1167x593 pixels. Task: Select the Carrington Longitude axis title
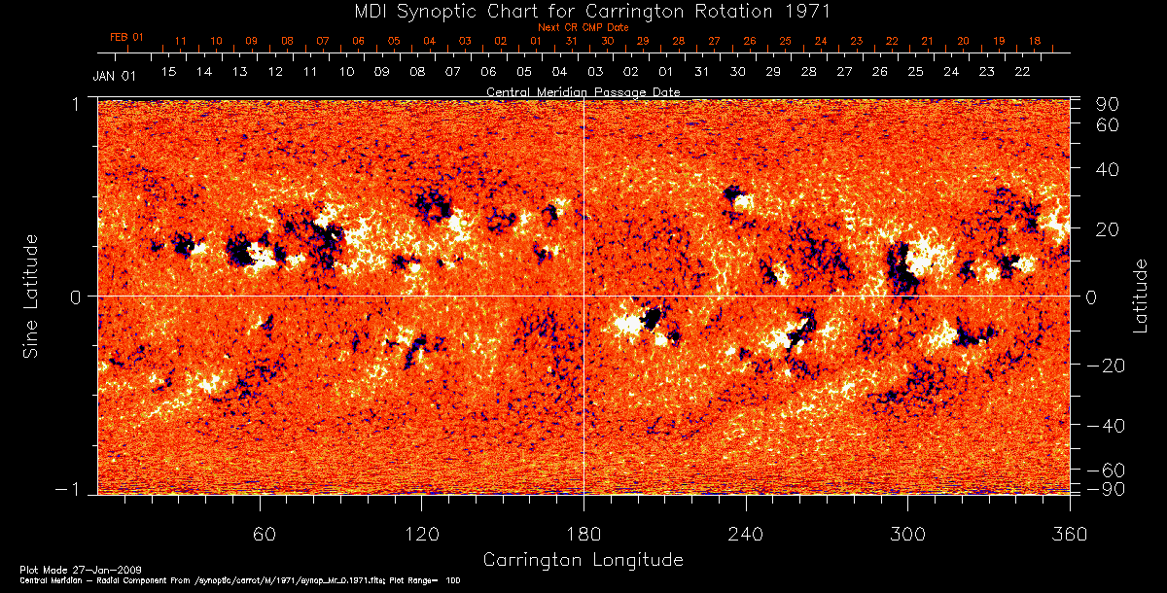[x=583, y=560]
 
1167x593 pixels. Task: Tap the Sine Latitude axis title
[x=32, y=296]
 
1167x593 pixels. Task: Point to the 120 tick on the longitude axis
[x=422, y=534]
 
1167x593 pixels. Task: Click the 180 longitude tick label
[x=583, y=534]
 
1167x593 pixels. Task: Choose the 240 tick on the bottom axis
[x=746, y=534]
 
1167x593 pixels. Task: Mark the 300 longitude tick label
[x=907, y=534]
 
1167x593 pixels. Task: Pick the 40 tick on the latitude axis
[x=1111, y=169]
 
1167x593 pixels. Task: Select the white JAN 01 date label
[x=115, y=76]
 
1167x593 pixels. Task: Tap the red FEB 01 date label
[x=126, y=37]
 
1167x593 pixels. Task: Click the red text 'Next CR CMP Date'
[x=583, y=27]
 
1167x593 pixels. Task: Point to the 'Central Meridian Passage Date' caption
[x=583, y=91]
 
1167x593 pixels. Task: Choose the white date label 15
[x=169, y=72]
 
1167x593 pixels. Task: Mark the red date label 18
[x=1034, y=41]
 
